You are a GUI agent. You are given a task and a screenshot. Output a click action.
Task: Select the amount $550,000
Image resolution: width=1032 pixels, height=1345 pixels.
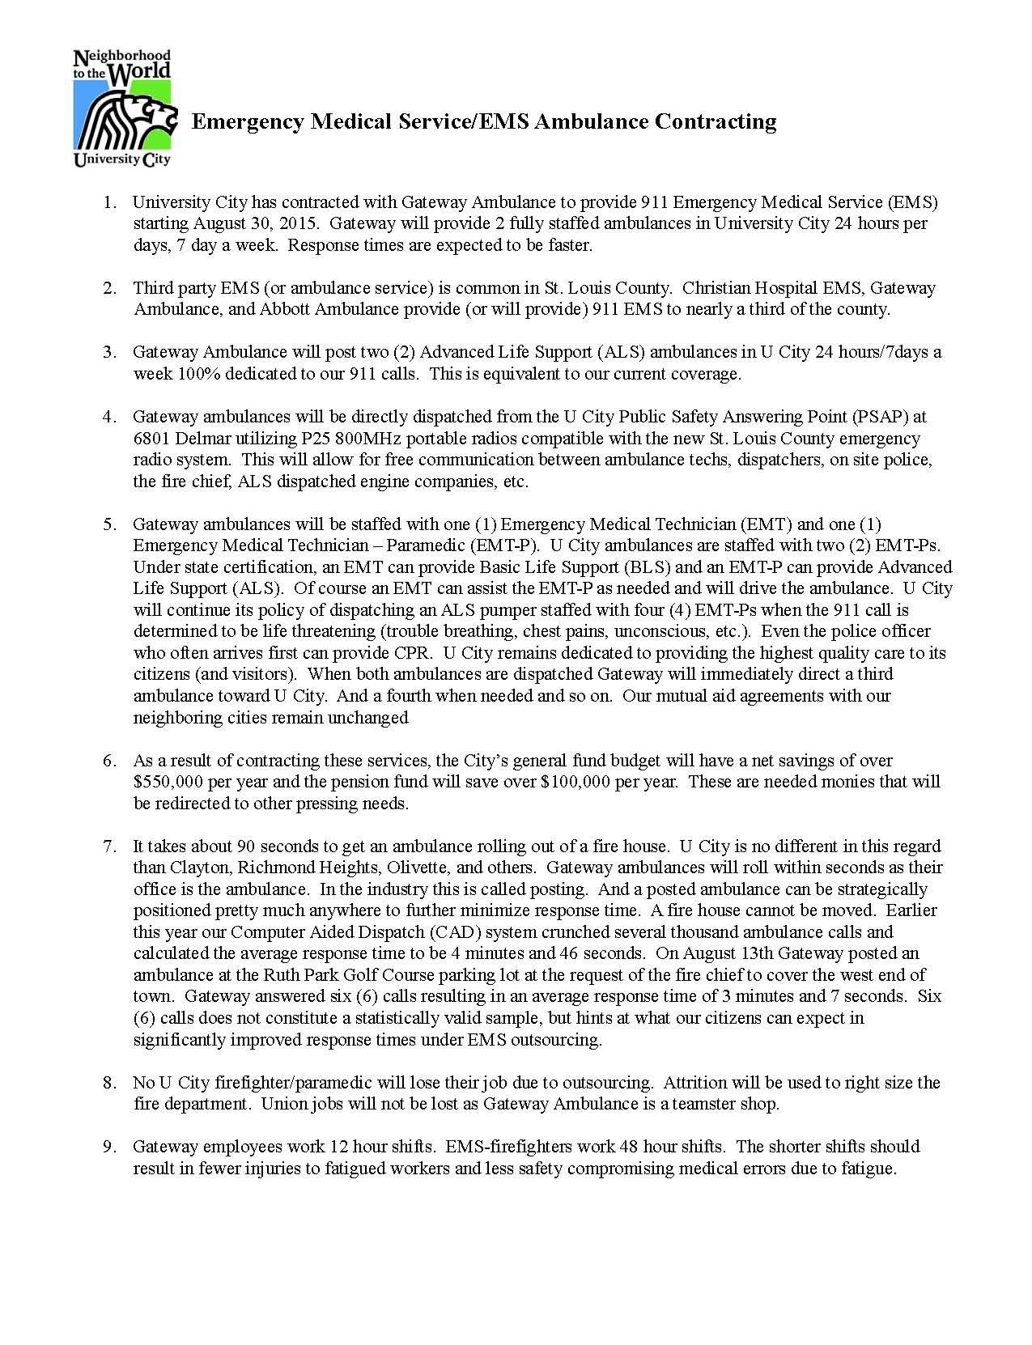(168, 782)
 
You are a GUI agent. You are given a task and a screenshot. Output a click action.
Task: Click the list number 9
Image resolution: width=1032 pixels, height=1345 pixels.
(110, 1146)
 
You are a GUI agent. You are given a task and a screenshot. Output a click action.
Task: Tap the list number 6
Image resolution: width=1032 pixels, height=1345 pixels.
(110, 760)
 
